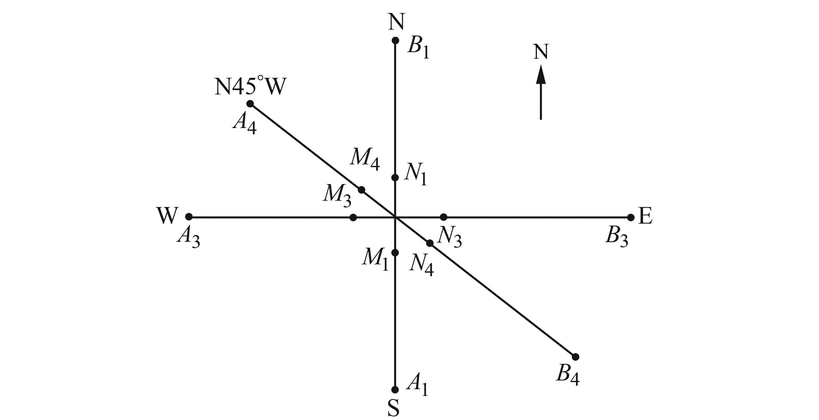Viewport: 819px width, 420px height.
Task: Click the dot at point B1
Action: click(395, 41)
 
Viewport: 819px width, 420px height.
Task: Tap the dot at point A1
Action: click(395, 390)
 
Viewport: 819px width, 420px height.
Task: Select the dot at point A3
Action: click(189, 217)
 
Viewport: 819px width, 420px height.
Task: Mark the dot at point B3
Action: click(631, 217)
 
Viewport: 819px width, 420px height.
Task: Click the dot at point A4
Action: click(250, 104)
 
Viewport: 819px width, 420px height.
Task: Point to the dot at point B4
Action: click(575, 357)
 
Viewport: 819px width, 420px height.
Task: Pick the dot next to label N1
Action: click(395, 178)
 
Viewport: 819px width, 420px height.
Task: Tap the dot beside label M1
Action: click(395, 252)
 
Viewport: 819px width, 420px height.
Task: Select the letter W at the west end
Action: click(167, 216)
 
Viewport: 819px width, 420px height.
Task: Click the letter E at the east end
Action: click(645, 216)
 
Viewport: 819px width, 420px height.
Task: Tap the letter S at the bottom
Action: click(393, 408)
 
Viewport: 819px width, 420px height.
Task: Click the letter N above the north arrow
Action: click(540, 52)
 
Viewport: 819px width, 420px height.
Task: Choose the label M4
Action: click(365, 158)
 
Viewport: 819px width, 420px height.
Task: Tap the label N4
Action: click(422, 264)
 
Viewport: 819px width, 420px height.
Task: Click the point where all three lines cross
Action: click(395, 217)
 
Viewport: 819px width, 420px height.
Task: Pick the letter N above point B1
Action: click(396, 21)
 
